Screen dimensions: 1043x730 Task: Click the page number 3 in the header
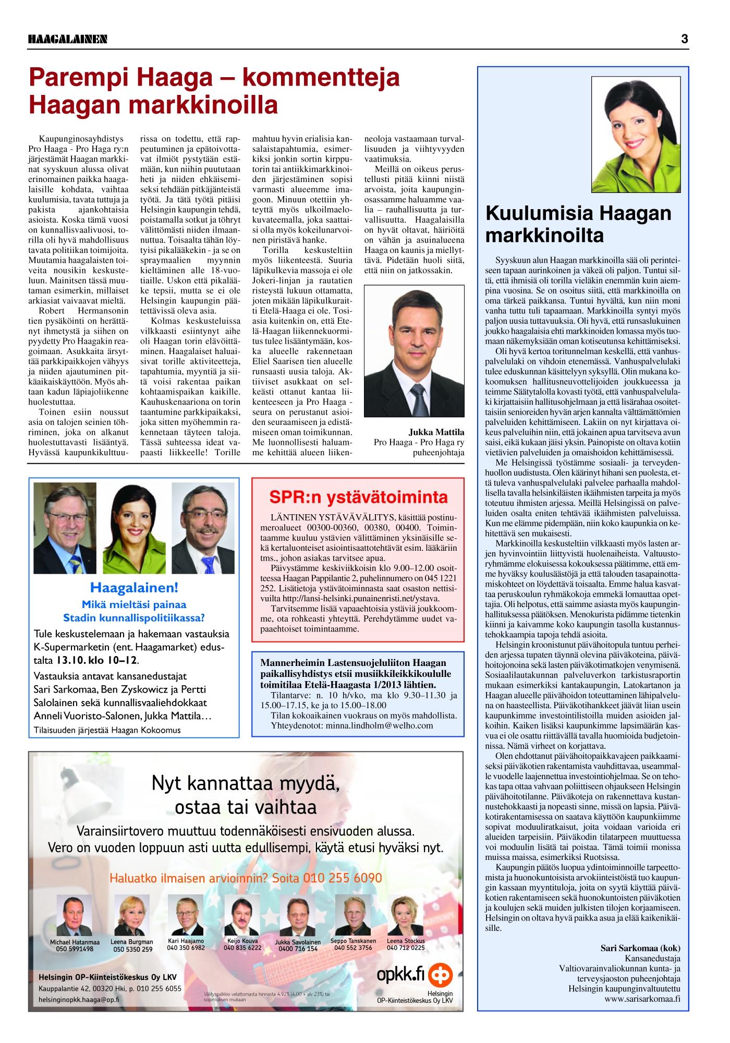(x=684, y=39)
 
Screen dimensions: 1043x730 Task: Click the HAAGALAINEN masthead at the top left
(x=68, y=39)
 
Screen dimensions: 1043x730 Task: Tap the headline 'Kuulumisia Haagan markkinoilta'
(x=578, y=224)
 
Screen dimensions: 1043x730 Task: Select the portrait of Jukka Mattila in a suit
(x=414, y=351)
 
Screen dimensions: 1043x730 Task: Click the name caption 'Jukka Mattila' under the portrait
(x=436, y=432)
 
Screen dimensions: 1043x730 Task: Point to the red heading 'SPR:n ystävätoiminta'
(x=358, y=497)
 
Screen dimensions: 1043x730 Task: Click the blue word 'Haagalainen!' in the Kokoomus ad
(x=134, y=588)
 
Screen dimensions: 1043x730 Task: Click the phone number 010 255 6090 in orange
(x=343, y=878)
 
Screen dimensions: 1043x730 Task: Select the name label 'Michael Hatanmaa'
(x=75, y=942)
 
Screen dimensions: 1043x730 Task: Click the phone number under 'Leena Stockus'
(x=406, y=948)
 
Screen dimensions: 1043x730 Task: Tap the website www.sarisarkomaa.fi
(x=642, y=999)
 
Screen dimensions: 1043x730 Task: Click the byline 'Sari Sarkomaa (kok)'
(x=640, y=949)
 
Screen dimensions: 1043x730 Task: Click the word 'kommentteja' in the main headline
(x=321, y=78)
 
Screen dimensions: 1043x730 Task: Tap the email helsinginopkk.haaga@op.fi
(x=79, y=1000)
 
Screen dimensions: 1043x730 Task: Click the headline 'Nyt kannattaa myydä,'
(x=246, y=783)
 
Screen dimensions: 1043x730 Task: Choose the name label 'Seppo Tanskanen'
(x=353, y=941)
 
